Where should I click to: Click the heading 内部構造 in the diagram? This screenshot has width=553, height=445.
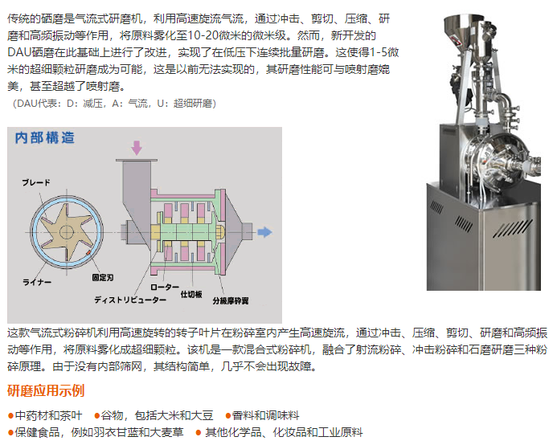tap(45, 138)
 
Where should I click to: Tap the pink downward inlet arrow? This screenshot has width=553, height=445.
tap(137, 148)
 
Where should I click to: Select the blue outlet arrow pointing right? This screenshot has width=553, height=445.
tap(265, 232)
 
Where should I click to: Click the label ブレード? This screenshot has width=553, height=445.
tap(36, 182)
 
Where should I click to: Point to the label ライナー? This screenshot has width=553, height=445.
tap(37, 282)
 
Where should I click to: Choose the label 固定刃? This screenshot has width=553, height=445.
tap(103, 278)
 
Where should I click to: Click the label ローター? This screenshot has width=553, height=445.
tap(165, 287)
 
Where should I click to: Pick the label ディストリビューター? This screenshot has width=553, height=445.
tap(130, 300)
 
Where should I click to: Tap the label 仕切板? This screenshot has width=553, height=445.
tap(191, 294)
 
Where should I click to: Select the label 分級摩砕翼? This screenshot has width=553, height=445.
tap(231, 300)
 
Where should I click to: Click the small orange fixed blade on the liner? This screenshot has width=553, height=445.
tap(88, 253)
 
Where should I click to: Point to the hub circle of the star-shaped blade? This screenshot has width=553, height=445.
tap(66, 232)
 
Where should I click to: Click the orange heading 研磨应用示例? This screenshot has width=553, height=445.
tap(46, 390)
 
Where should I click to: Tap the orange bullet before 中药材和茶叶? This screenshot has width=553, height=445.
tap(10, 416)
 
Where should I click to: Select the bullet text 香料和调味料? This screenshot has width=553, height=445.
tap(265, 415)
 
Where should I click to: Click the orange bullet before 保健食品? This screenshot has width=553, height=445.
tap(10, 433)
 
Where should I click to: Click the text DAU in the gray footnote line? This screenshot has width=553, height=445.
tap(27, 104)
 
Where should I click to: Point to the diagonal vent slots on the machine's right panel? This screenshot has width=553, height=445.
tap(512, 228)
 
